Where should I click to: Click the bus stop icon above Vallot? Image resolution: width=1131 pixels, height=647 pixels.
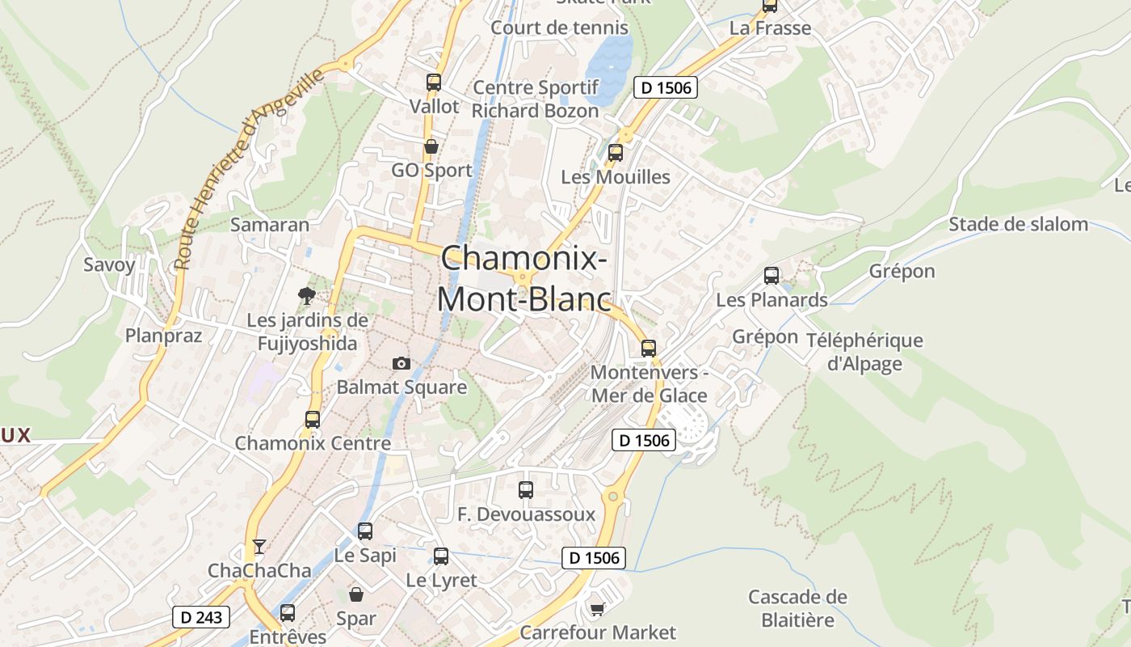434,82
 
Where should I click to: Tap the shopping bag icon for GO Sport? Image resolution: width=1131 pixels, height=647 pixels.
431,146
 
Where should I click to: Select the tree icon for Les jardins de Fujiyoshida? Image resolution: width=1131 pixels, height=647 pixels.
306,295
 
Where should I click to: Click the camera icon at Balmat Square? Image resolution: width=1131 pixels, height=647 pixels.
401,363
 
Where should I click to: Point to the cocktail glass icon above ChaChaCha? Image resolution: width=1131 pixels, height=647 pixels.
259,547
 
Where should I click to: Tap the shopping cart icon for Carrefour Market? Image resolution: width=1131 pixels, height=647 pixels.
597,609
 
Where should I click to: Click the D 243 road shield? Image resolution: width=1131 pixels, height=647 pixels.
201,617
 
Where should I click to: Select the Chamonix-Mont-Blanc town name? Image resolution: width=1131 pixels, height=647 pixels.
523,277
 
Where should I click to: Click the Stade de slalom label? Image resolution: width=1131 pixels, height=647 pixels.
1018,224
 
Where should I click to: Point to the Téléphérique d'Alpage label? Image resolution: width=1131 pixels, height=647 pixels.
864,352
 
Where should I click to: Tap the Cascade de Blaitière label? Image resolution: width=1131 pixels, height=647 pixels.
797,608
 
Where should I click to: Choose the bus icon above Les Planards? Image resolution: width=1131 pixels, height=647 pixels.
772,276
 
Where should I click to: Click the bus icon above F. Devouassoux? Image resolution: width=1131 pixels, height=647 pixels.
526,489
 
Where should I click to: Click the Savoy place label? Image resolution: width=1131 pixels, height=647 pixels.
110,264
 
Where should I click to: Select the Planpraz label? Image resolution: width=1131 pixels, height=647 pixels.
163,335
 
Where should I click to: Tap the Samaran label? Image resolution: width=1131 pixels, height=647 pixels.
270,224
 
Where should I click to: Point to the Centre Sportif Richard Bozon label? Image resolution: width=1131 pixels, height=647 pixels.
536,99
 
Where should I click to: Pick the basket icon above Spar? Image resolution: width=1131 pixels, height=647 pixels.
356,594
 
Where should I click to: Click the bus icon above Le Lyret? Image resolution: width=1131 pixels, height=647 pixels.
441,556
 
